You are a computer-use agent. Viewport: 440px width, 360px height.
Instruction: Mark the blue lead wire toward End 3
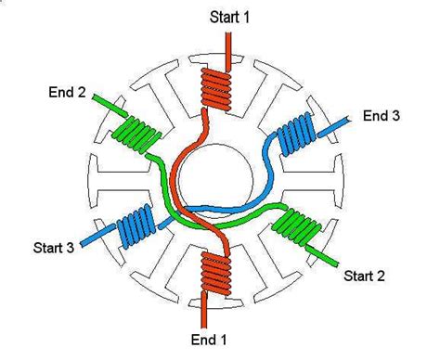point(336,120)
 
